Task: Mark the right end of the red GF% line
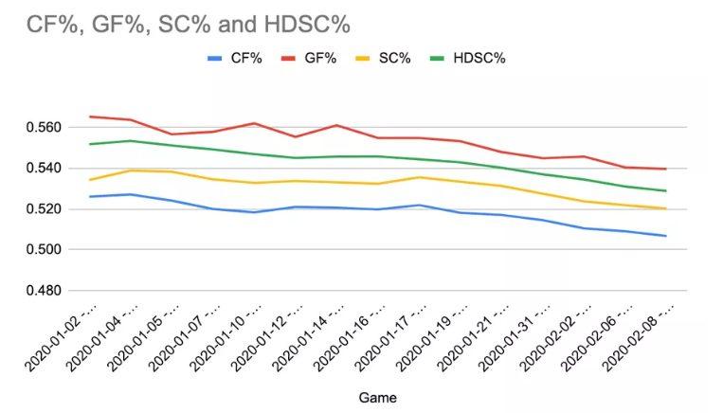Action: click(666, 169)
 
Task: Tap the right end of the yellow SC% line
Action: click(666, 208)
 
